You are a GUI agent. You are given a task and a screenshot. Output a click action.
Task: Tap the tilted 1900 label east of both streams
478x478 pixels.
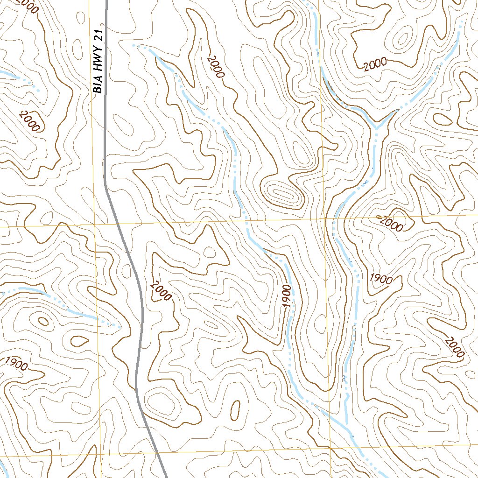pyautogui.click(x=380, y=279)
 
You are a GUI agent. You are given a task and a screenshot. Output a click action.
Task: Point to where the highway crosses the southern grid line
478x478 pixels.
pyautogui.click(x=155, y=452)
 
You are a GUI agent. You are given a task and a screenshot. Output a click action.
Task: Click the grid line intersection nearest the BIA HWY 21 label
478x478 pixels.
pyautogui.click(x=93, y=225)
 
